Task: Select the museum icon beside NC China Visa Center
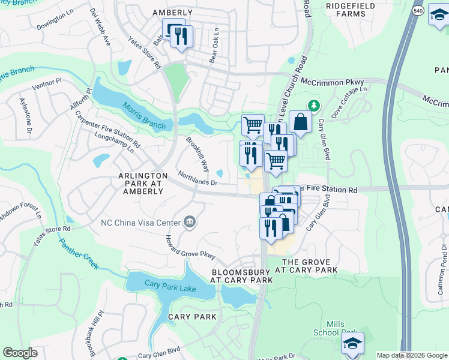tap(190, 223)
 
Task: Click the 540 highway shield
tap(418, 10)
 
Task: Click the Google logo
tap(20, 353)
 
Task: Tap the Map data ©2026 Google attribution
tap(412, 355)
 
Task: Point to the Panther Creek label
tap(79, 255)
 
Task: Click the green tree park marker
tap(313, 106)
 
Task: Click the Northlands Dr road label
tap(197, 178)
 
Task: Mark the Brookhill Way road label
tap(197, 154)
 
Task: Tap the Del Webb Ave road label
tap(100, 27)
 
